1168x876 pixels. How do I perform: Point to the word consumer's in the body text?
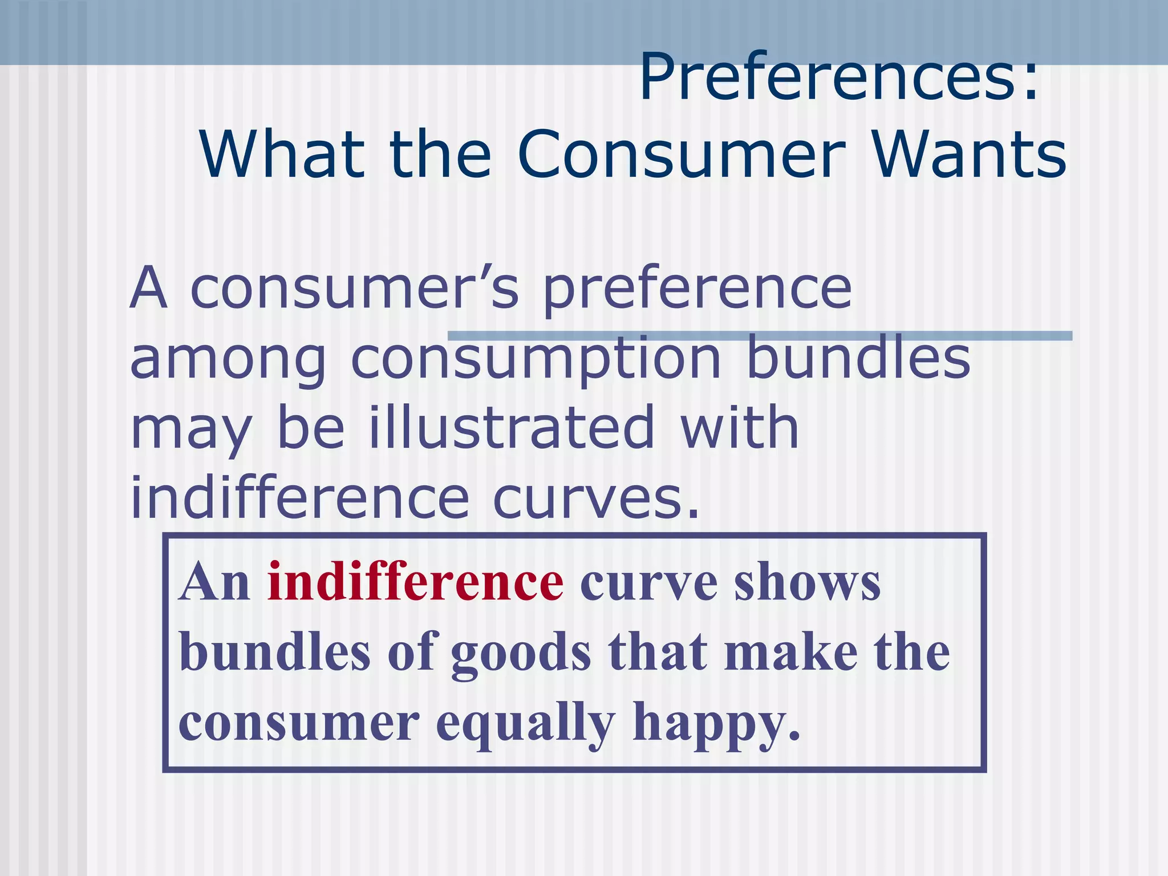click(354, 289)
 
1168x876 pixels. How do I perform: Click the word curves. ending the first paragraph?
click(595, 498)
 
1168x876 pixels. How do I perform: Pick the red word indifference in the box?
click(416, 582)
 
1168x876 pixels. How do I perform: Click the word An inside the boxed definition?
click(214, 582)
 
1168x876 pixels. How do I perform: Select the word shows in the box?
click(807, 582)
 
